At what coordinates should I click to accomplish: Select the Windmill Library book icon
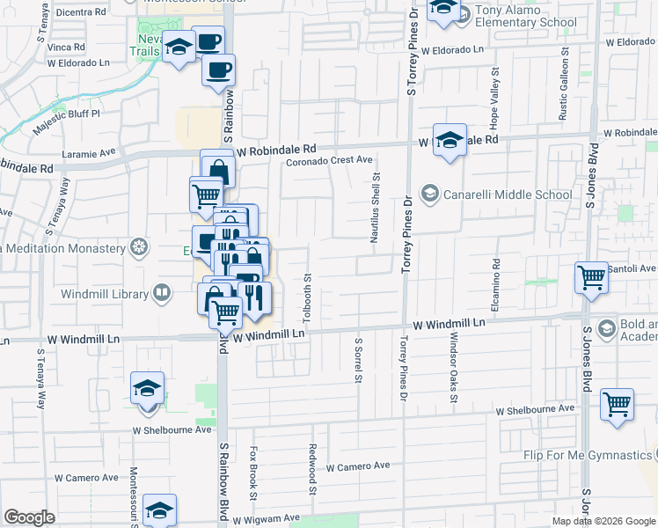point(162,293)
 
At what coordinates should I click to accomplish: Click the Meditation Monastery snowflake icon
point(138,247)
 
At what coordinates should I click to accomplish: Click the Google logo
point(29,517)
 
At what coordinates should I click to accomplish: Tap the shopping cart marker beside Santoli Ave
point(591,277)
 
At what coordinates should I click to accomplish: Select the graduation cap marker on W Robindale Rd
point(450,142)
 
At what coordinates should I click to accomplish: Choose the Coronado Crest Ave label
point(329,161)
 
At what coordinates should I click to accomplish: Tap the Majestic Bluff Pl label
point(67,121)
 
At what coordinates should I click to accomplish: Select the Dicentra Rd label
point(81,13)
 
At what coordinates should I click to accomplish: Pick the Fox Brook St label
point(253,470)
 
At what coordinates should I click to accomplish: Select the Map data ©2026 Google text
point(603,521)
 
